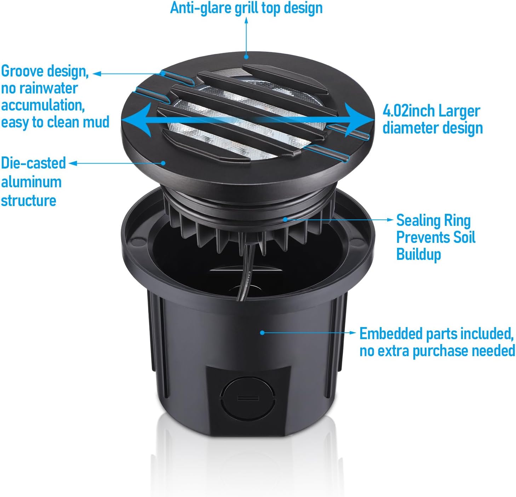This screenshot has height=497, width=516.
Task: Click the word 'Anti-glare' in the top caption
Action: (201, 8)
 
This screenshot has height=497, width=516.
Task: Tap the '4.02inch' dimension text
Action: (409, 111)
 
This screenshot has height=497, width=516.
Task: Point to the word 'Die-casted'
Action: (33, 163)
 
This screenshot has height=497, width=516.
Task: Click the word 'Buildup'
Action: (418, 254)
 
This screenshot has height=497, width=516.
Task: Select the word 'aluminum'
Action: (31, 182)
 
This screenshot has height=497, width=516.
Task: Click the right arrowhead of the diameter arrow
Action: (361, 120)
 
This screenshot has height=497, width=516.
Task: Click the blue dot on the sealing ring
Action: (285, 219)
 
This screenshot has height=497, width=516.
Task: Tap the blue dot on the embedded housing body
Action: (262, 332)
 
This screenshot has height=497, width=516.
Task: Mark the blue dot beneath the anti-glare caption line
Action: (246, 57)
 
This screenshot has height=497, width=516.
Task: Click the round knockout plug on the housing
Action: (248, 398)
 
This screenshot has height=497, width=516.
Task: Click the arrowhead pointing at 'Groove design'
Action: (97, 74)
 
